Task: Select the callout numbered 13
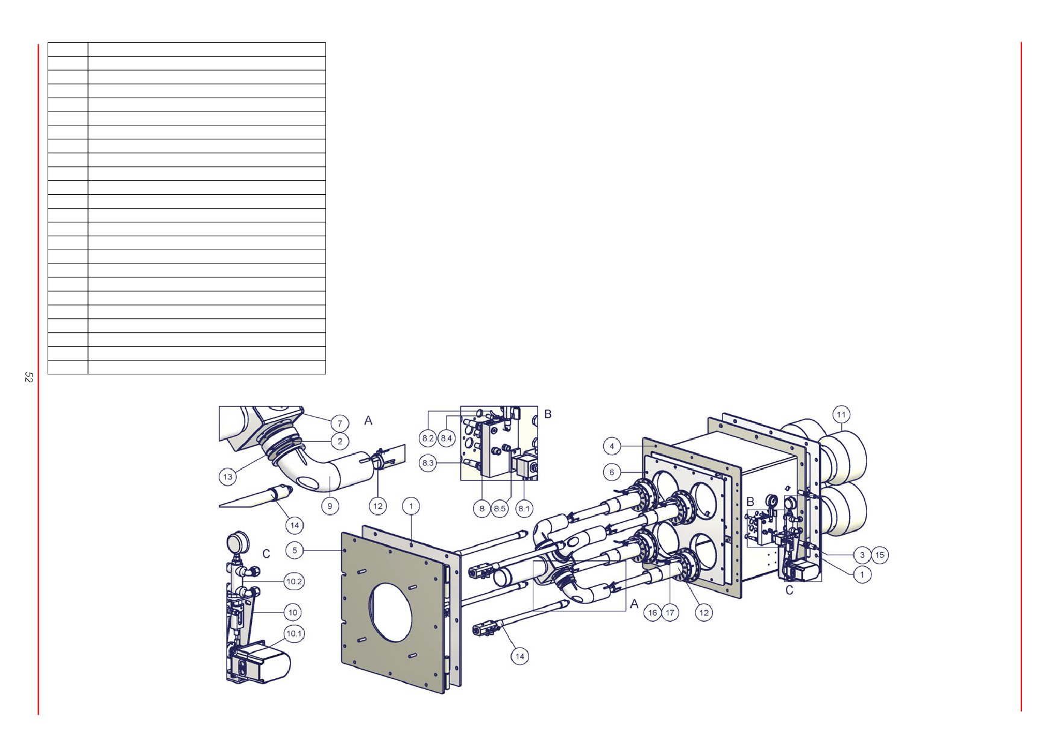228,477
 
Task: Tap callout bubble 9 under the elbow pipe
330,506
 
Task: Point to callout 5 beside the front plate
295,550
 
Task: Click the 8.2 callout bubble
428,438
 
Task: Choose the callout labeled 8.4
446,438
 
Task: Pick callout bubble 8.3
428,463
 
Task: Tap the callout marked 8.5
500,508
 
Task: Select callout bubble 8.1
524,508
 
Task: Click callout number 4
612,446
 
